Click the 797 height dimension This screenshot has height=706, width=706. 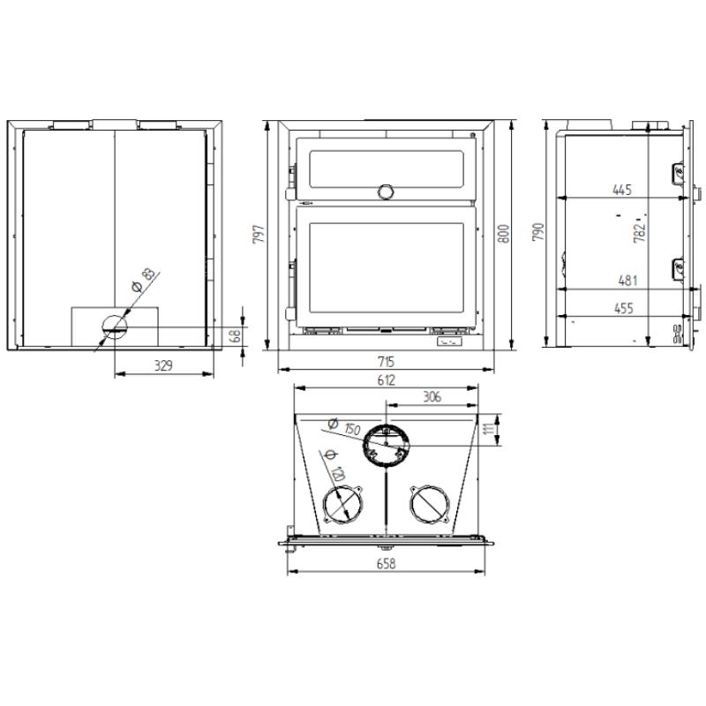[x=259, y=234]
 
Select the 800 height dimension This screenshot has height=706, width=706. [x=504, y=234]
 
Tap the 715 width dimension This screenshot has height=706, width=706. [x=387, y=362]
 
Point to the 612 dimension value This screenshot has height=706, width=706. [x=387, y=380]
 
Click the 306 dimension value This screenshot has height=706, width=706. [x=432, y=396]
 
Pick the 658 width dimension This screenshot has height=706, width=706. [x=387, y=564]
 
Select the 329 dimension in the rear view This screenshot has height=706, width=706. [x=163, y=365]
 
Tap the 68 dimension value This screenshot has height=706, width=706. [x=236, y=335]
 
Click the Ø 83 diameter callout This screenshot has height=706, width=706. [x=142, y=281]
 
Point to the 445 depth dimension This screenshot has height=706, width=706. [x=622, y=190]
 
